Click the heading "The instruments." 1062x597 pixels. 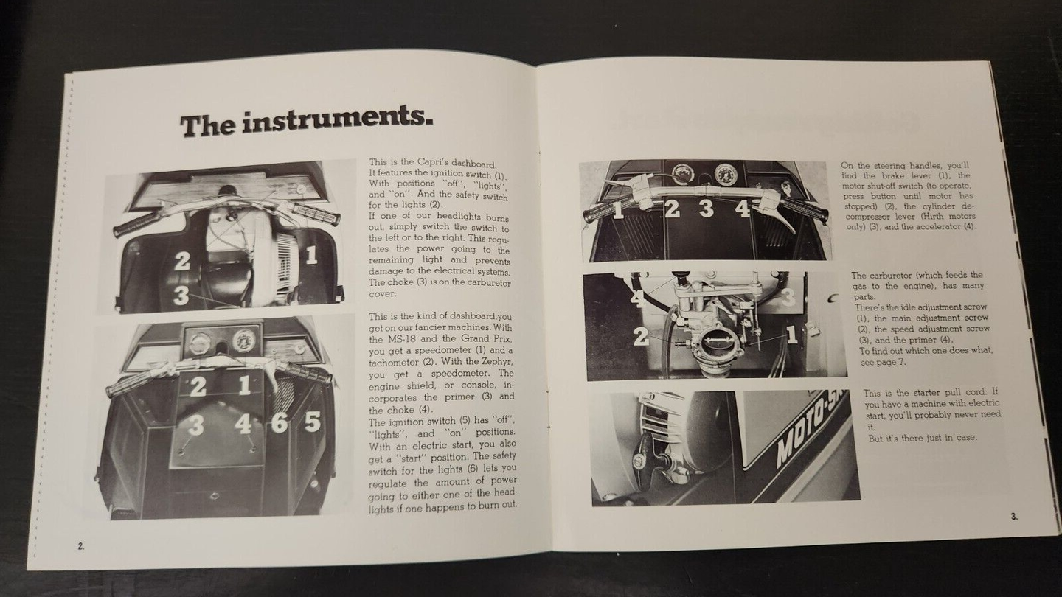coord(306,122)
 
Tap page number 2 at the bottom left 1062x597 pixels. coord(80,546)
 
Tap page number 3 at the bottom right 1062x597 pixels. coord(1014,517)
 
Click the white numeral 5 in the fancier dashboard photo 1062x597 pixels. coord(313,421)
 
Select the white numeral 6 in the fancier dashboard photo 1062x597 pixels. coord(280,422)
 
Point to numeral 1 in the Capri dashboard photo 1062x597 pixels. coord(311,255)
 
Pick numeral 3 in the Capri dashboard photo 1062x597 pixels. coord(181,295)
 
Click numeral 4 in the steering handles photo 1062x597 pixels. coord(742,209)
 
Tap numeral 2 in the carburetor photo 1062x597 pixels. coord(642,336)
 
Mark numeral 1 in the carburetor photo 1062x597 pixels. coord(792,335)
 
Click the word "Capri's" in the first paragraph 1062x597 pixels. coord(436,163)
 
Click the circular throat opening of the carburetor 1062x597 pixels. coord(714,345)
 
